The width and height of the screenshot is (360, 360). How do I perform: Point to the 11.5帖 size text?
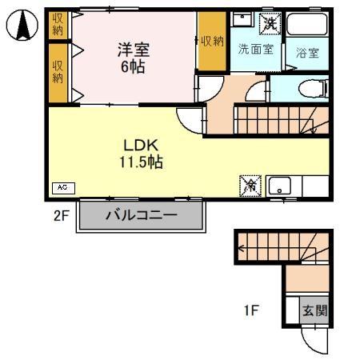coord(142,162)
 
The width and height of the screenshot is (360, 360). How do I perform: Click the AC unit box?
coord(63,187)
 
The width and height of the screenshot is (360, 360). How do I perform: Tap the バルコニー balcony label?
coord(141,215)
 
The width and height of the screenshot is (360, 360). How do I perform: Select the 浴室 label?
coord(307,53)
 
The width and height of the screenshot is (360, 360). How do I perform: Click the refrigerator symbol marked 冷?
coord(248,185)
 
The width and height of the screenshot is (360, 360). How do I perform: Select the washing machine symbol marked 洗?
coord(272,22)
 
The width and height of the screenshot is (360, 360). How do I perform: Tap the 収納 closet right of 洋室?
coord(211,42)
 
